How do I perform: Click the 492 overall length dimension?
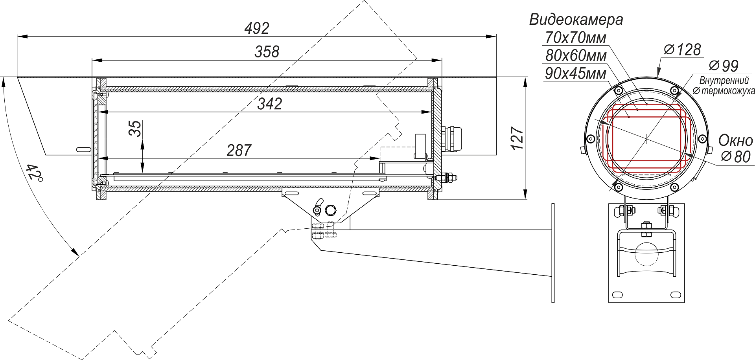257,28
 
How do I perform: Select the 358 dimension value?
267,52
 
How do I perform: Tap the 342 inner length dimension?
270,104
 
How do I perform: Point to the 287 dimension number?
239,150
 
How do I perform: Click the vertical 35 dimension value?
135,129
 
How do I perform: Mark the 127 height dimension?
517,138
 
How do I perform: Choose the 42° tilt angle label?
34,173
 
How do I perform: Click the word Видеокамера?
576,19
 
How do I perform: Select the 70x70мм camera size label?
576,38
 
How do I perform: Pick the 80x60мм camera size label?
576,56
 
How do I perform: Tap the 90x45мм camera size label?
576,73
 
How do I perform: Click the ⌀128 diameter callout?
682,50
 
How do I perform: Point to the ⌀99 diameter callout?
724,66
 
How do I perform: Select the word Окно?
735,140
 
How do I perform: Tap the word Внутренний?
724,81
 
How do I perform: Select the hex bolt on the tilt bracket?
331,210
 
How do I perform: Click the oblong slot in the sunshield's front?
83,149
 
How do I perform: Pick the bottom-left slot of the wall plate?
618,294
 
